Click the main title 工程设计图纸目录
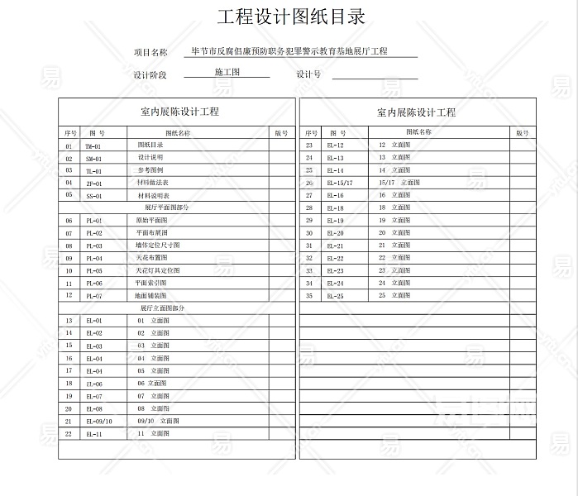click(290, 17)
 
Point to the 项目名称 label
click(150, 52)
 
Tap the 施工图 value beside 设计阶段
click(227, 73)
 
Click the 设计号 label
click(308, 74)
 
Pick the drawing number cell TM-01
click(93, 146)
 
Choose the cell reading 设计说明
click(150, 157)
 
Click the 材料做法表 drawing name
click(153, 183)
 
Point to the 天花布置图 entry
click(153, 258)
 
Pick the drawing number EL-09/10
click(99, 421)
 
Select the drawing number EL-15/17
click(340, 183)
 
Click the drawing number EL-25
click(335, 295)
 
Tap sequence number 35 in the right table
click(309, 295)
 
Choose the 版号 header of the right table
click(522, 132)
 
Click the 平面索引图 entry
click(151, 283)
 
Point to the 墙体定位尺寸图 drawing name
click(157, 246)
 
